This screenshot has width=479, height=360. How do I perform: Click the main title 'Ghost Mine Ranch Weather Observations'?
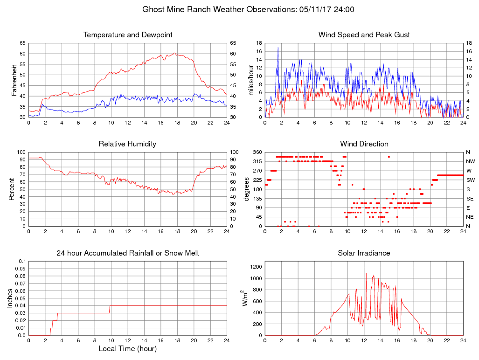click(x=217, y=9)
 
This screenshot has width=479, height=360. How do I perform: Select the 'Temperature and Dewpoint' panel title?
click(x=128, y=35)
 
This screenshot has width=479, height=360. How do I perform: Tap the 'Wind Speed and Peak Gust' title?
click(x=364, y=35)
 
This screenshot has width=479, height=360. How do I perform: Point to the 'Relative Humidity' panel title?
click(x=127, y=144)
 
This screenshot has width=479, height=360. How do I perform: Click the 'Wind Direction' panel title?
click(x=364, y=144)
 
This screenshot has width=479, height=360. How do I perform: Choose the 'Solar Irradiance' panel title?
click(x=364, y=253)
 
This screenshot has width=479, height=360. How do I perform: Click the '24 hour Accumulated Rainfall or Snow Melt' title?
click(x=128, y=253)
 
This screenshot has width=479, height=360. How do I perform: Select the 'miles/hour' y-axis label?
click(x=251, y=80)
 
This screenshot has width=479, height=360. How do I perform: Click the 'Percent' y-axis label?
click(x=12, y=189)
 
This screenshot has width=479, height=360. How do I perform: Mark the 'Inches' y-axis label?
click(x=10, y=298)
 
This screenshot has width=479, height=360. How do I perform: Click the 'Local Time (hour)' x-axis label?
click(x=128, y=348)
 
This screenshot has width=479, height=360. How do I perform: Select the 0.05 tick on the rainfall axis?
click(x=21, y=298)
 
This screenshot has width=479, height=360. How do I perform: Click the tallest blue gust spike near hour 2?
click(x=278, y=48)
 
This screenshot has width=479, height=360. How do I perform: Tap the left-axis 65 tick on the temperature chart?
click(x=23, y=43)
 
